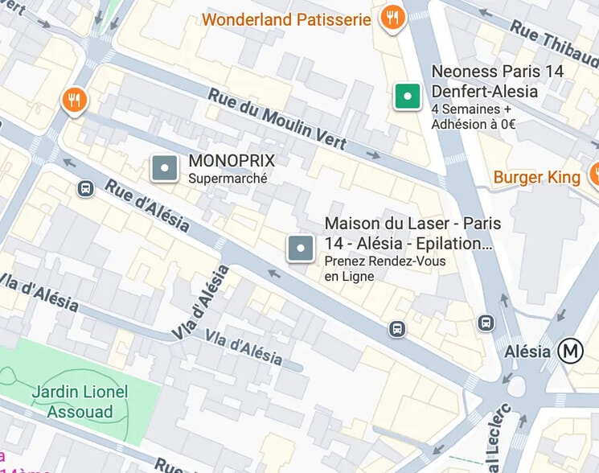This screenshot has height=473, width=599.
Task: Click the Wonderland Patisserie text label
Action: point(286,19)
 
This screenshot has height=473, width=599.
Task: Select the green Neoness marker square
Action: point(408,97)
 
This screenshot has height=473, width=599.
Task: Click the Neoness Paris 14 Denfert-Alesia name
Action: point(498,80)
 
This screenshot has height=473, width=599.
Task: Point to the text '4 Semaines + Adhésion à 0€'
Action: point(474,117)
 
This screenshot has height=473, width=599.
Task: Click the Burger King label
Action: point(536,176)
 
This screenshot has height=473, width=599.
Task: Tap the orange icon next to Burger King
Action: point(595,173)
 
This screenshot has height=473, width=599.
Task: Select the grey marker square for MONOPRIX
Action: point(165,168)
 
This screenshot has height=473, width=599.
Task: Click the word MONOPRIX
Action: point(232,160)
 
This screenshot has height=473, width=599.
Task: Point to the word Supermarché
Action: point(227,179)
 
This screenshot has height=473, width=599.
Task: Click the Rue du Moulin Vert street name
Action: point(277,118)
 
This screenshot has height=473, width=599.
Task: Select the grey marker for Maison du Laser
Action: point(301,249)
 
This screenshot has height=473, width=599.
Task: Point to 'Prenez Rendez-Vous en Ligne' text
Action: point(384,269)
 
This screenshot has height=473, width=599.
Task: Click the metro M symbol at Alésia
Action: point(572,351)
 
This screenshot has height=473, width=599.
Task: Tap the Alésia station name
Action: point(527,352)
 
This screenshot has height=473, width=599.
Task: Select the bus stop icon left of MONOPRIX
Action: point(85,188)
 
